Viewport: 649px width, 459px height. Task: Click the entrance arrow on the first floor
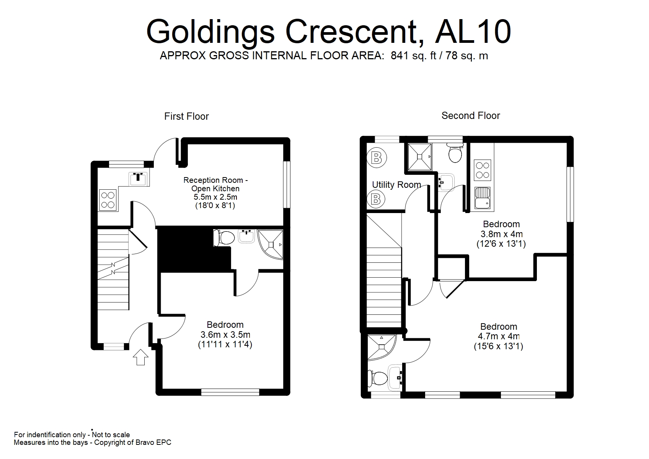(x=140, y=357)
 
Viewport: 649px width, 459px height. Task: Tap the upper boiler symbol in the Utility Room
(x=376, y=158)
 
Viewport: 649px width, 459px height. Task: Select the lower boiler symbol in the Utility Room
(x=376, y=199)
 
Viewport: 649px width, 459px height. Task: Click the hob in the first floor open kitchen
(x=108, y=200)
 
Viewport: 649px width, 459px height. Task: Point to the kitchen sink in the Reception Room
(x=139, y=178)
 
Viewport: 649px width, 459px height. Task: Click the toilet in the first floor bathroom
(x=224, y=238)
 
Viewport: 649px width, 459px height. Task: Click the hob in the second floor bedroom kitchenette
(x=482, y=170)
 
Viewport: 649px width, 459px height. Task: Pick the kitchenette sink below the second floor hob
(x=482, y=198)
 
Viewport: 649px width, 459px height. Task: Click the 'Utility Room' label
(x=396, y=185)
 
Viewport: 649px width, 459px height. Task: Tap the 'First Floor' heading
(x=186, y=116)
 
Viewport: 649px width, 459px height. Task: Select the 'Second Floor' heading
(x=471, y=116)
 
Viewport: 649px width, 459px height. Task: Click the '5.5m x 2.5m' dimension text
(x=215, y=197)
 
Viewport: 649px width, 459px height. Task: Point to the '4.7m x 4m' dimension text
(x=499, y=337)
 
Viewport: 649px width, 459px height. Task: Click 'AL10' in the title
(x=473, y=32)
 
